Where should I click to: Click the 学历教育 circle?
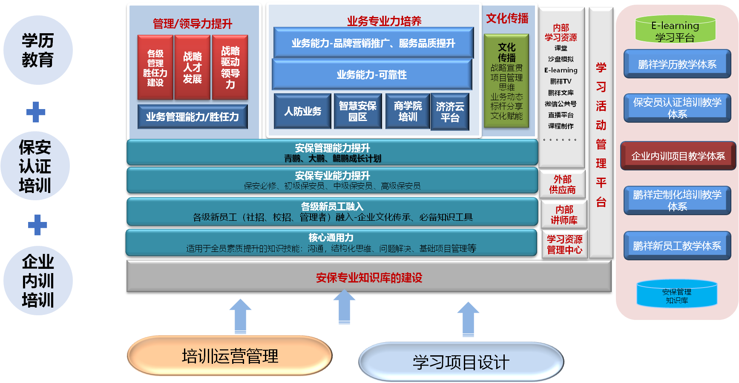click(38, 50)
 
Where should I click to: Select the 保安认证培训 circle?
click(35, 166)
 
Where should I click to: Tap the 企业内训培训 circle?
click(38, 281)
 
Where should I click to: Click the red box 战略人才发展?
click(193, 67)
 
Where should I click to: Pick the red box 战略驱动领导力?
click(230, 67)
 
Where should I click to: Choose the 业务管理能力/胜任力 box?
click(193, 116)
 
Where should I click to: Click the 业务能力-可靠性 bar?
click(372, 75)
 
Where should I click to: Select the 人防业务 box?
click(302, 111)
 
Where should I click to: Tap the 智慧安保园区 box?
click(358, 111)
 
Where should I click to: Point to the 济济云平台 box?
click(450, 112)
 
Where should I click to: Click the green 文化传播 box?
click(506, 81)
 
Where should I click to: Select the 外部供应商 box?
click(562, 184)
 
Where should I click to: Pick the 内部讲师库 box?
click(564, 215)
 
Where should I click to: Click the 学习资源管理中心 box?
click(564, 245)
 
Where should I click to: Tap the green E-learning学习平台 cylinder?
click(675, 29)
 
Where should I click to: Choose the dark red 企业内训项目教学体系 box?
click(678, 156)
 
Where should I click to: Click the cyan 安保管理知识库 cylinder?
click(677, 294)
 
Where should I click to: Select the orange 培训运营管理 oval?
click(230, 356)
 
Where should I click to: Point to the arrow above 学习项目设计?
click(468, 320)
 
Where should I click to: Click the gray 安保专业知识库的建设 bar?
click(369, 276)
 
